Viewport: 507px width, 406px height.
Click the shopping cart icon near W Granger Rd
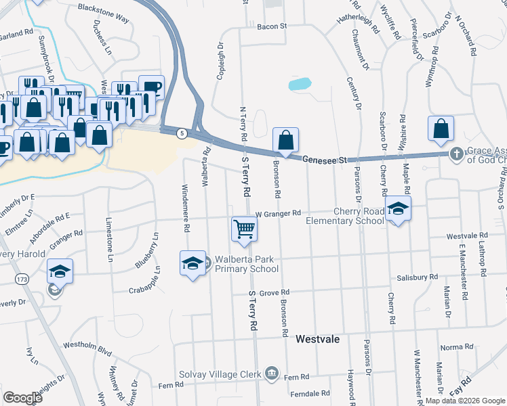(244, 229)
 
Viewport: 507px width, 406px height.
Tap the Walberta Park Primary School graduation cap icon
(192, 263)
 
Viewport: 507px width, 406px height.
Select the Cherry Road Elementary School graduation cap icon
(398, 208)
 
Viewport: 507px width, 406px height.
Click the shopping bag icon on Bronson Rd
(286, 141)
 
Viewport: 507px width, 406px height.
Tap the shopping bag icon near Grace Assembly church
(441, 129)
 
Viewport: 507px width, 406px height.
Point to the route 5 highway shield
(181, 134)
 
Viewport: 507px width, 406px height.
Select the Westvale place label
(317, 338)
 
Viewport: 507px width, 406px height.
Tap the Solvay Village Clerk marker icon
(271, 372)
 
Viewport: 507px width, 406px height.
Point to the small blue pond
(299, 85)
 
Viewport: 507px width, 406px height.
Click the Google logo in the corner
(22, 398)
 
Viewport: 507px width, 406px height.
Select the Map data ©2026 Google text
(464, 401)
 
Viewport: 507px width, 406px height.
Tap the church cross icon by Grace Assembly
(458, 154)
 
